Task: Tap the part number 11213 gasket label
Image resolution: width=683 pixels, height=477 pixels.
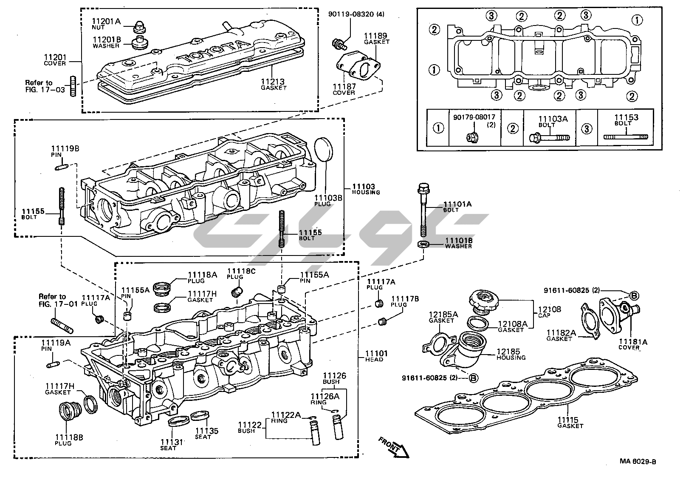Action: click(273, 82)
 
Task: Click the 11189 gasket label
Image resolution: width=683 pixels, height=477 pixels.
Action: click(376, 37)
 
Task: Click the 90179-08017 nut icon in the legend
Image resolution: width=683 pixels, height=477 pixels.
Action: click(471, 137)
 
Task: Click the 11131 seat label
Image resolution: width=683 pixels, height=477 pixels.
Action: click(172, 443)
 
